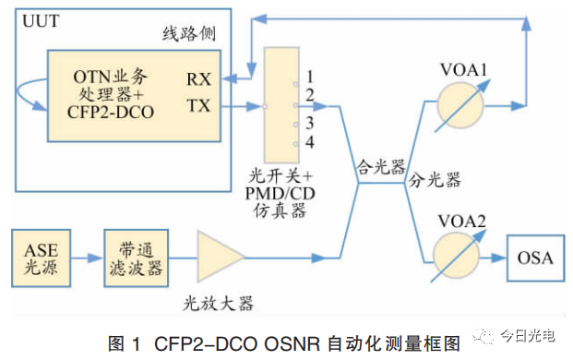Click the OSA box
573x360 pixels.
tap(535, 258)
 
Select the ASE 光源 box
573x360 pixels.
tap(41, 258)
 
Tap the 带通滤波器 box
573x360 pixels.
tap(136, 258)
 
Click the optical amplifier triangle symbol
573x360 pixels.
tap(221, 257)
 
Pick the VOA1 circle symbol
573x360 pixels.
tap(460, 105)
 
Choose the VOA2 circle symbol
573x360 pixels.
tap(457, 256)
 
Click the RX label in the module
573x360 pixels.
tap(198, 79)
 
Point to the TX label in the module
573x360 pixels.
tap(198, 106)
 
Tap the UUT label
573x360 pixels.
tap(41, 21)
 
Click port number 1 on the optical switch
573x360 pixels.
tap(310, 77)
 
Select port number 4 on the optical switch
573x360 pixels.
tap(310, 142)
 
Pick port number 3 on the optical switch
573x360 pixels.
tap(310, 123)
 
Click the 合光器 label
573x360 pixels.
tap(381, 167)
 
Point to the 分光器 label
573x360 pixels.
tap(435, 179)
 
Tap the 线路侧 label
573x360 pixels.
tap(189, 33)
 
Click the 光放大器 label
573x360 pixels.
tap(218, 304)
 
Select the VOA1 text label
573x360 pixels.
tap(463, 69)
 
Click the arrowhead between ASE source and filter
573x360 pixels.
tap(95, 258)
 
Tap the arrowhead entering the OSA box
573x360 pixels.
tap(499, 258)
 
